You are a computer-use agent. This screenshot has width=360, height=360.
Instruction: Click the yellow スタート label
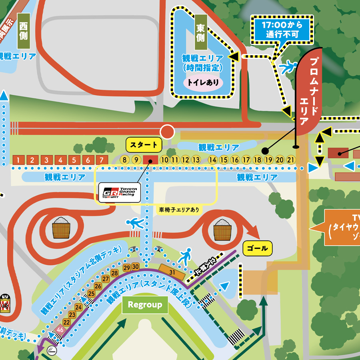coord(144,144)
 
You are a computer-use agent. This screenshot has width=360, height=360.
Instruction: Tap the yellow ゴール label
coord(257,248)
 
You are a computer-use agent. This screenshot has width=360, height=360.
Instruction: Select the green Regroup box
coord(145,305)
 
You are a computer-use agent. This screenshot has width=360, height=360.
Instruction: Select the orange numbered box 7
coord(102,160)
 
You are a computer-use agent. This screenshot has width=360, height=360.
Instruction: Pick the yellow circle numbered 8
coord(125,160)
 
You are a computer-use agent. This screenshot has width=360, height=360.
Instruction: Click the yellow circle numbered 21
coord(291,160)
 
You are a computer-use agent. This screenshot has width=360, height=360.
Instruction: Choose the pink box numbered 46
coord(60,330)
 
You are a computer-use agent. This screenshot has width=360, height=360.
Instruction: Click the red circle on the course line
coord(167,131)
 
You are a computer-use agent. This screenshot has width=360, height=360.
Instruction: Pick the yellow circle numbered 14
coord(212,160)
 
